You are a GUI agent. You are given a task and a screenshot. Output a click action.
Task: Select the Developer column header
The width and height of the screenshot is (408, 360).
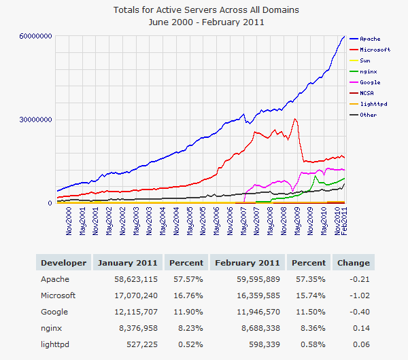(x=63, y=263)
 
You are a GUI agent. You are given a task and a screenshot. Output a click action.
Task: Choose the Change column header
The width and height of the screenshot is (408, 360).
(x=353, y=263)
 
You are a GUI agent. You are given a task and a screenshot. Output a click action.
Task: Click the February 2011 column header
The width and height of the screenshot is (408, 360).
(x=248, y=263)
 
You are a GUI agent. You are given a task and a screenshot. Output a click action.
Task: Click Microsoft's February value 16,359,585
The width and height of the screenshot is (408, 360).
(x=256, y=295)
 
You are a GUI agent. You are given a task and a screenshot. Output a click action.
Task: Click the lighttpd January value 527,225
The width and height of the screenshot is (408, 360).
(x=140, y=344)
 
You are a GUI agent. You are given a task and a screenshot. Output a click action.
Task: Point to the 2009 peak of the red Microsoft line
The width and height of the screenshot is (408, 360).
(x=294, y=120)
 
